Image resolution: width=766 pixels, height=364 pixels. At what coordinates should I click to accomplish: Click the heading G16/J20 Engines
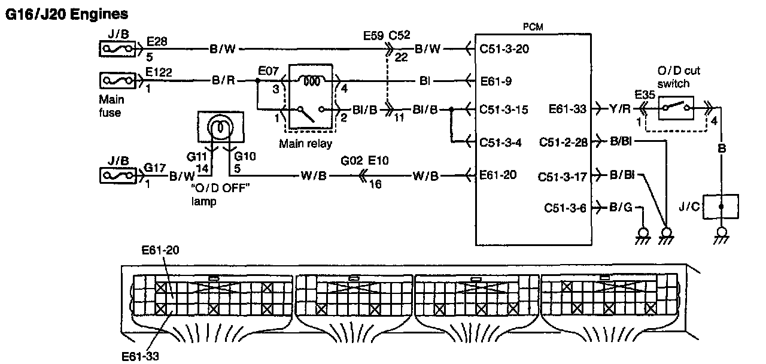point(66,14)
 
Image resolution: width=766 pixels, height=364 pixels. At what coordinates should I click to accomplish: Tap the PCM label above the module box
point(533,27)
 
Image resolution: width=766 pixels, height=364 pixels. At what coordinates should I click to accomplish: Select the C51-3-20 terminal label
point(504,49)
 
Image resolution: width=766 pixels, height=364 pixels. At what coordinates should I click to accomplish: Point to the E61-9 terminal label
point(496,81)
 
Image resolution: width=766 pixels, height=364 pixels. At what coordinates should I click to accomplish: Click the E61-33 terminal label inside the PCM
point(567,109)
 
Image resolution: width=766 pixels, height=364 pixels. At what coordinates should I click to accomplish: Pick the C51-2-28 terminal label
point(563,142)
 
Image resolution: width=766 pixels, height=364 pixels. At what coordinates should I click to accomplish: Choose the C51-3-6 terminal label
point(565,208)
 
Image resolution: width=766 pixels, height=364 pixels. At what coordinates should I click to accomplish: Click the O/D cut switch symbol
point(676,108)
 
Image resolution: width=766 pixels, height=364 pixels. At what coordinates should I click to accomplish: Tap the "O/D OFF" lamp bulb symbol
point(221,127)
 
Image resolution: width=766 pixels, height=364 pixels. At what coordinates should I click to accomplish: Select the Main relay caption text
point(305,144)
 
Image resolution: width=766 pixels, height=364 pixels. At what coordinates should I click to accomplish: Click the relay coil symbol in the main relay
point(312,81)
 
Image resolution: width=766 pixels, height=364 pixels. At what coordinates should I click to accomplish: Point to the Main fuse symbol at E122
point(118,81)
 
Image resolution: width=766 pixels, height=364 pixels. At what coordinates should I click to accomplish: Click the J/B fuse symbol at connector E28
point(117,49)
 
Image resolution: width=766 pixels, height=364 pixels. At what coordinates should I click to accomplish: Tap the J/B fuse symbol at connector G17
point(118,175)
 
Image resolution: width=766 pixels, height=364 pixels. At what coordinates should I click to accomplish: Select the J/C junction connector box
point(721,207)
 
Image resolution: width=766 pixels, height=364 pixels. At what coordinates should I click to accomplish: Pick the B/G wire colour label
point(621,207)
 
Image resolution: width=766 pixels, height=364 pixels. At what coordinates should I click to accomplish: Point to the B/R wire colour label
point(223,80)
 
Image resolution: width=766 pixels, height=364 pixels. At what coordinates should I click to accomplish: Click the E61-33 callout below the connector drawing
point(140,356)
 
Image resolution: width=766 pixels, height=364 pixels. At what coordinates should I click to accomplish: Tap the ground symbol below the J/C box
point(721,236)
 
